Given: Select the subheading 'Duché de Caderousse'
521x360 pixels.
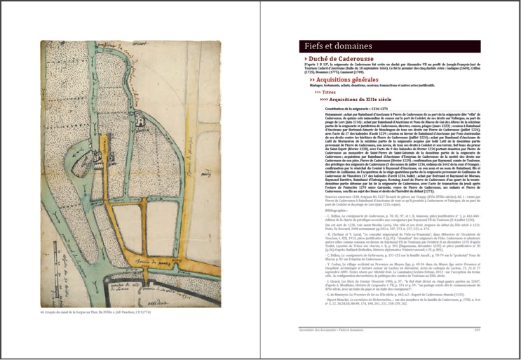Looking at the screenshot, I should click(344, 60).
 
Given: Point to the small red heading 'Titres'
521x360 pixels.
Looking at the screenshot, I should click(330, 92).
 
